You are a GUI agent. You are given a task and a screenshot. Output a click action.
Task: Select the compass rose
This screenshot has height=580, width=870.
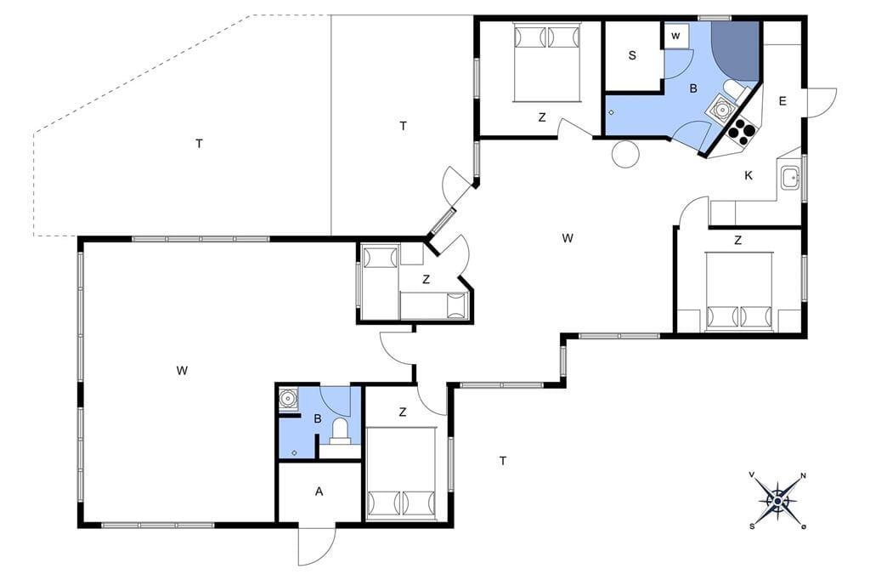coord(778,502)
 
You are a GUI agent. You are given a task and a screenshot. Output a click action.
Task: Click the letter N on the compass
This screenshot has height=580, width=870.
coord(803,475)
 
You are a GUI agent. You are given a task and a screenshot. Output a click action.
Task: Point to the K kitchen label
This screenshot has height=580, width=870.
coord(749,175)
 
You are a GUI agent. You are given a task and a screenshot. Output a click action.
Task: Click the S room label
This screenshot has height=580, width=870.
coord(632,55)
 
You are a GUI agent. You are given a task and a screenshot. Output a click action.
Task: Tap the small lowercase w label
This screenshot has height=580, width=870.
coord(675,36)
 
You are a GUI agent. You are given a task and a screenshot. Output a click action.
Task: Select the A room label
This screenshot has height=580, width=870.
coord(319,491)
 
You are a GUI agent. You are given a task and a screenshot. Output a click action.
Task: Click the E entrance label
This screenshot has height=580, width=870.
coord(782,101)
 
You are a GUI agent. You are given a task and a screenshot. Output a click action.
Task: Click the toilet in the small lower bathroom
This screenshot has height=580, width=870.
coord(340,432)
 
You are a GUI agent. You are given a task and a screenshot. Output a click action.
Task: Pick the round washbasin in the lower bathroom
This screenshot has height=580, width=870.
coord(288,398)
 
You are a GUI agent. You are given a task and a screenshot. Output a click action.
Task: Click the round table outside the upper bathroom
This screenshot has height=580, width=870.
coord(626,153)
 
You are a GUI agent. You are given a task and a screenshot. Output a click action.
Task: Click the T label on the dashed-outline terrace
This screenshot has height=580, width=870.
coord(199,144)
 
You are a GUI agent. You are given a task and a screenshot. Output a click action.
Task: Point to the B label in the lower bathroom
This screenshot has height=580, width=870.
coord(318,419)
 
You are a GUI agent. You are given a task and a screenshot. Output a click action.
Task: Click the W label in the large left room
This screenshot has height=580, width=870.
coord(182,371)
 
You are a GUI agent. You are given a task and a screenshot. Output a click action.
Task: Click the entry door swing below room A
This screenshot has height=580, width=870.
coord(317,545)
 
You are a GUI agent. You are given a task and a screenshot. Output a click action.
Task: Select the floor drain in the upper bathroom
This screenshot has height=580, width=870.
coord(611,113)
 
